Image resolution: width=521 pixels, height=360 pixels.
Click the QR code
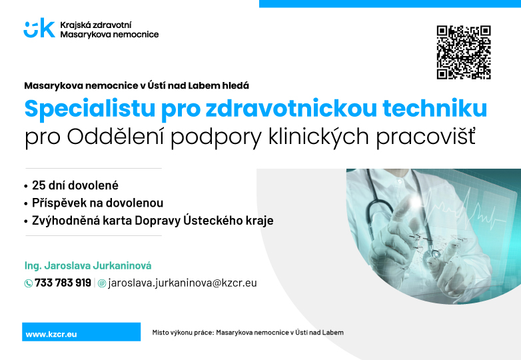click(464, 52)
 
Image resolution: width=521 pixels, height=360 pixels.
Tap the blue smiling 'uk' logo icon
click(39, 28)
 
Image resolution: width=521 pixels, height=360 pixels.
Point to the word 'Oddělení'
click(115, 137)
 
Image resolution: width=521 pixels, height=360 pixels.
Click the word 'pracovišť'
click(426, 137)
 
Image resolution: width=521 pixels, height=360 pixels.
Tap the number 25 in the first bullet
click(39, 185)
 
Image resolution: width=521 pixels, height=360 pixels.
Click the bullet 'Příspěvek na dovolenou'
click(97, 203)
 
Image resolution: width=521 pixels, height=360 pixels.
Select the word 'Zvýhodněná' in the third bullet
click(66, 221)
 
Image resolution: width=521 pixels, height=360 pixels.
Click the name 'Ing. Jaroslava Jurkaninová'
click(88, 265)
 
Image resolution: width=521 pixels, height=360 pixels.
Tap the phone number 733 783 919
click(63, 283)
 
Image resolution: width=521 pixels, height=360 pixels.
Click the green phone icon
click(28, 283)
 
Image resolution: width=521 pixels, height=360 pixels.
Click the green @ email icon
click(102, 283)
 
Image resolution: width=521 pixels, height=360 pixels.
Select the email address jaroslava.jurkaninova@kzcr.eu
click(183, 283)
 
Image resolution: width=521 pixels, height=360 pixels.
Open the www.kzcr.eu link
click(51, 335)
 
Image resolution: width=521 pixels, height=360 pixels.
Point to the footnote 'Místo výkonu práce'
click(183, 333)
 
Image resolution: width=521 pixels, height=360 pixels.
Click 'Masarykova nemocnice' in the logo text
click(109, 34)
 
